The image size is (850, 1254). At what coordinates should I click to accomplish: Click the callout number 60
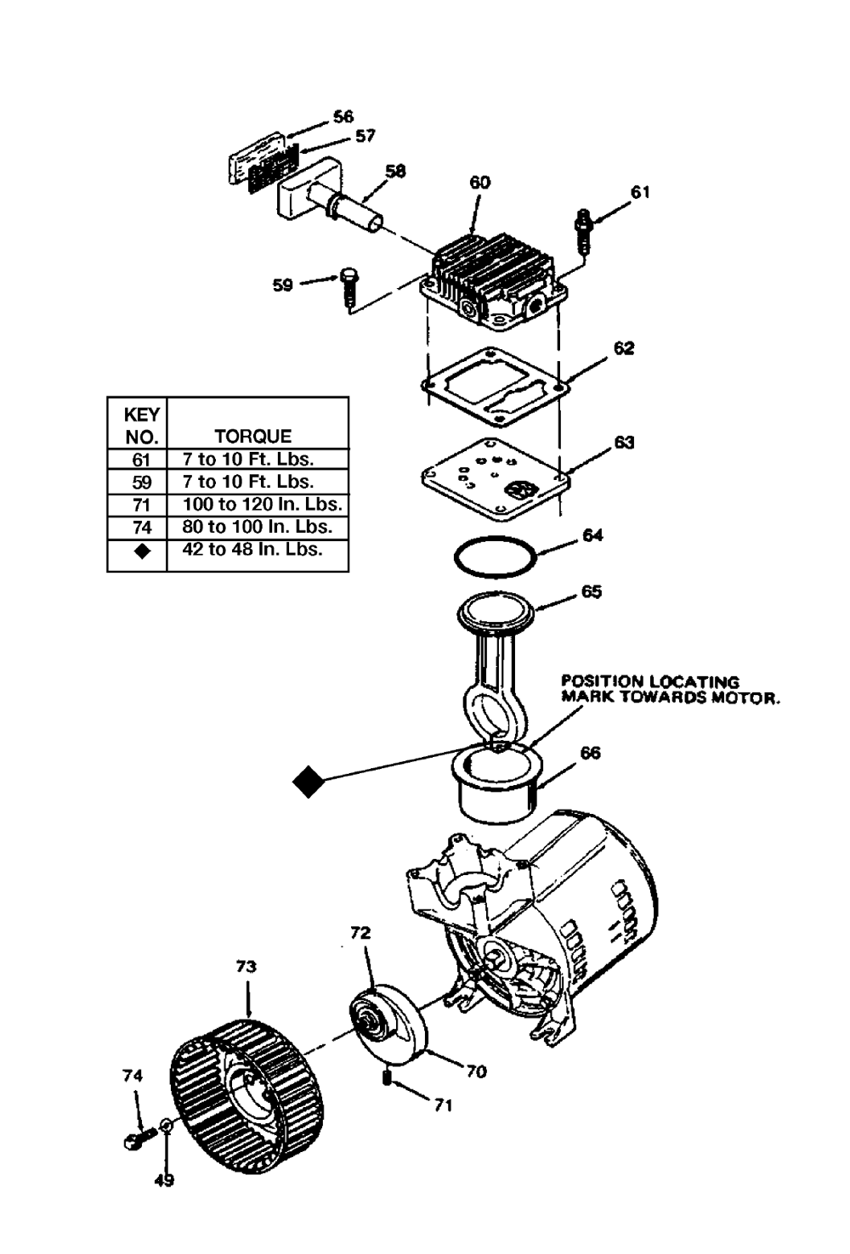[480, 183]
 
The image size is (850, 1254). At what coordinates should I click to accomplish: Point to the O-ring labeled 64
[495, 557]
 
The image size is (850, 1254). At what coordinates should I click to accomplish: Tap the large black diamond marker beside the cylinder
[309, 781]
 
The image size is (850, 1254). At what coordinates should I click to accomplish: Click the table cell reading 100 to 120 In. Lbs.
[262, 505]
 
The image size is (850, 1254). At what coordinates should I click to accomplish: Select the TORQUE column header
[253, 436]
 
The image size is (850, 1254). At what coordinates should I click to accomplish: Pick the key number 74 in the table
[142, 528]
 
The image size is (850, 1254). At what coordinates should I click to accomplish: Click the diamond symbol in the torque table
[142, 551]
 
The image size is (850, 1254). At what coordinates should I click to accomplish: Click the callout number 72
[360, 933]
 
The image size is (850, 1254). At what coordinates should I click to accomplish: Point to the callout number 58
[396, 171]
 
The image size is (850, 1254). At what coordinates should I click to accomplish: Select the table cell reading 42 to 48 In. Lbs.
[252, 549]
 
